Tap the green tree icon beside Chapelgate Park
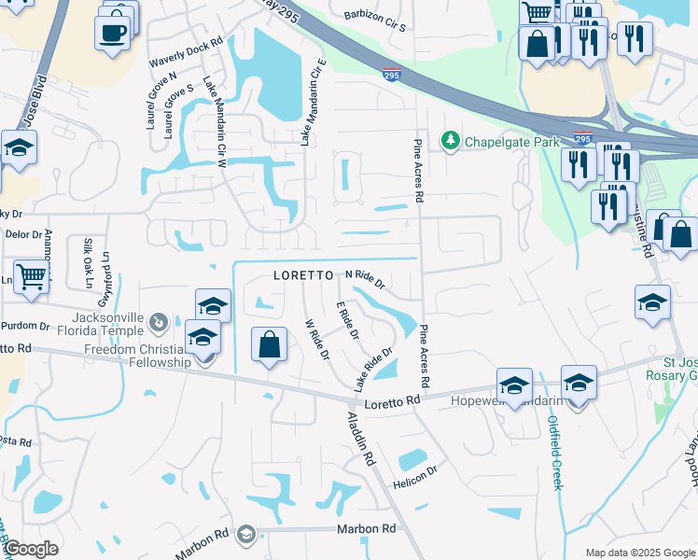452,141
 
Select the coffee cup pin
113,33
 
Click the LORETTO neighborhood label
303,276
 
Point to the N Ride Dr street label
366,278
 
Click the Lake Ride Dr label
372,369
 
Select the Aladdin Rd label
361,440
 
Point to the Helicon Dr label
415,475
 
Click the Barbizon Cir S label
375,21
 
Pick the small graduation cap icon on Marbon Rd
245,533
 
